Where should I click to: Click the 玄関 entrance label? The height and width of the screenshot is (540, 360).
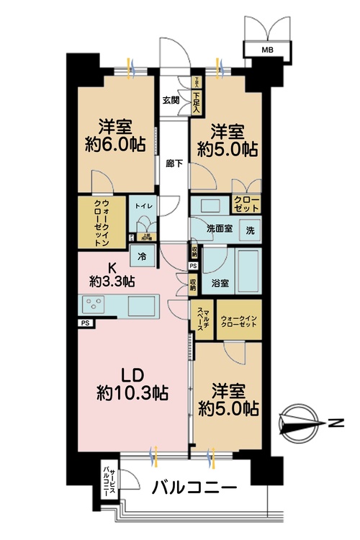pyautogui.click(x=171, y=100)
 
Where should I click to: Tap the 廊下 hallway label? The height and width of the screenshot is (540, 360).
pyautogui.click(x=174, y=163)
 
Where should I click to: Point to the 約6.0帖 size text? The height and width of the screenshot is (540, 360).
pyautogui.click(x=115, y=143)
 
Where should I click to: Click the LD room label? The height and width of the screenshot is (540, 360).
pyautogui.click(x=132, y=374)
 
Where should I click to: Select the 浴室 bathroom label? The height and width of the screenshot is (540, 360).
pyautogui.click(x=212, y=284)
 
